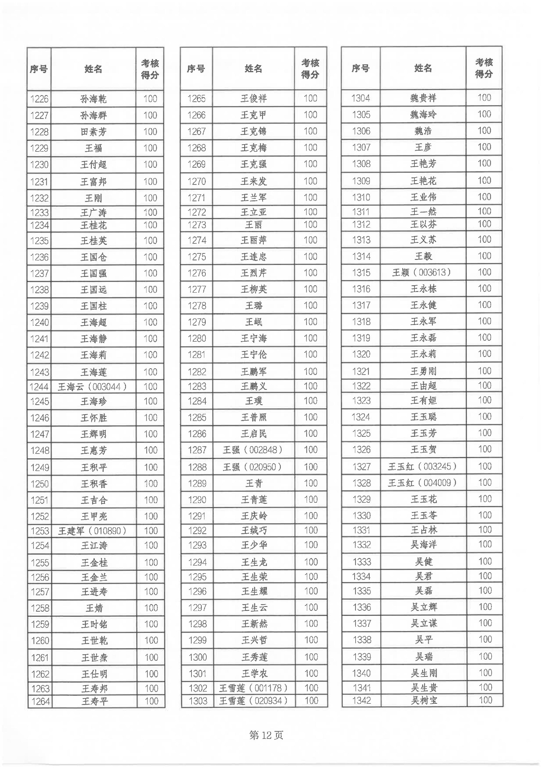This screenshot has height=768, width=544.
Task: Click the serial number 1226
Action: coord(39,99)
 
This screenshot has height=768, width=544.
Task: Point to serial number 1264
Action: coord(41,701)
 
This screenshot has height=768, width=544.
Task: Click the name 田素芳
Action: coord(93,132)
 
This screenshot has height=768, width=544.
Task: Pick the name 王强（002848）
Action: coord(253,450)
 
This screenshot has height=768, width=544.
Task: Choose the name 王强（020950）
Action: coord(253,467)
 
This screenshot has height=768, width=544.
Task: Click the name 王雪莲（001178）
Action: coord(254,688)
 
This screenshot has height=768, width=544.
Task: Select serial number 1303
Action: coord(198,701)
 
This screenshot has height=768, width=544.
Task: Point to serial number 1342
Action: coord(362,700)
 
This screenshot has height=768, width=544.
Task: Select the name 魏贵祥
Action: coord(423,98)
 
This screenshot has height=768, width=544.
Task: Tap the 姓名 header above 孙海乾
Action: coord(93,69)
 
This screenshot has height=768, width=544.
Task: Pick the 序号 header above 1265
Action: coord(196,69)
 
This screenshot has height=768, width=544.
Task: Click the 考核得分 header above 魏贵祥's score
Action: coord(484,68)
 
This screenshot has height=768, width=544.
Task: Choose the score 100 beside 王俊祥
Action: coord(310,99)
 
